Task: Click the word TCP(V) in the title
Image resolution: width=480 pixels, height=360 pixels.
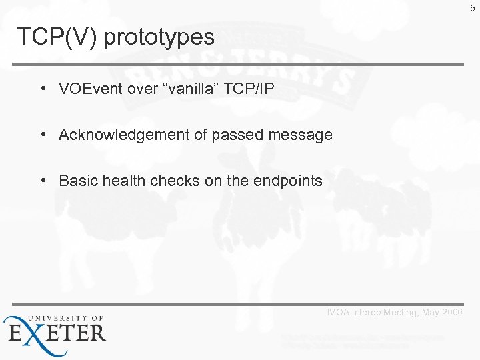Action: point(57,37)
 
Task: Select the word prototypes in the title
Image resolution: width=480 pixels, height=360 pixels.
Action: point(159,38)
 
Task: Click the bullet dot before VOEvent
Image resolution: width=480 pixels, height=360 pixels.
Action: point(43,89)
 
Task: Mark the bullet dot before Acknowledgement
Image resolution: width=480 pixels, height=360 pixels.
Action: point(43,135)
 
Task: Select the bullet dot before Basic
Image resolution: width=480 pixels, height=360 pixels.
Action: point(43,181)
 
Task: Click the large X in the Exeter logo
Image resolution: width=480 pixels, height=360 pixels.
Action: point(35,332)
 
